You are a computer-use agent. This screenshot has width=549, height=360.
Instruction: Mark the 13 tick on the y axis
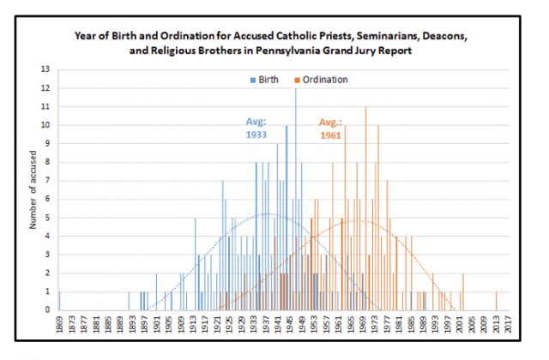[47, 69]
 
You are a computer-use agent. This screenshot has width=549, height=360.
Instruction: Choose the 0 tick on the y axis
[47, 310]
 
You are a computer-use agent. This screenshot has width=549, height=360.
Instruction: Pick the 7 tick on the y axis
[47, 181]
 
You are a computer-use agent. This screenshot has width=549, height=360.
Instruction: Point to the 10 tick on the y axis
[47, 125]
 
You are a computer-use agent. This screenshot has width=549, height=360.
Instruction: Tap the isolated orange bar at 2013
[496, 301]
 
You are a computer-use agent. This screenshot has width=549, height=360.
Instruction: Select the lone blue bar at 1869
[59, 301]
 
